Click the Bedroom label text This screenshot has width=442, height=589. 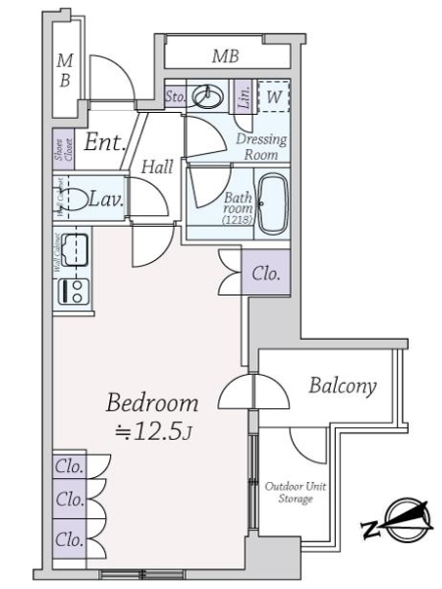(x=152, y=402)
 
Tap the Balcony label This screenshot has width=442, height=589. (x=342, y=386)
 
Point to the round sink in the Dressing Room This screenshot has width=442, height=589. (x=207, y=96)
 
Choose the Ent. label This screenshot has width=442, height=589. (x=103, y=143)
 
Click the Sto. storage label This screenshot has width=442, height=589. (x=175, y=96)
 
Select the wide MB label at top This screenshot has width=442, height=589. (x=226, y=57)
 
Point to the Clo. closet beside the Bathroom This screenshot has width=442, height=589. (x=265, y=274)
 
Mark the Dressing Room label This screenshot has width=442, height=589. (x=261, y=146)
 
